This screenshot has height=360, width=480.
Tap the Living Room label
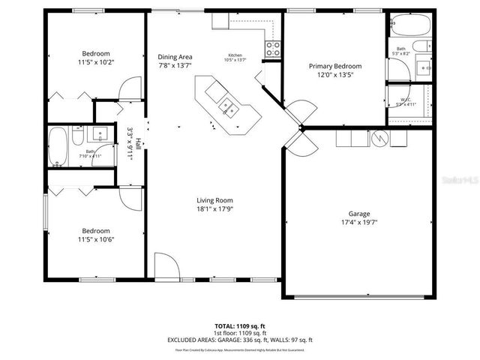pyautogui.click(x=215, y=200)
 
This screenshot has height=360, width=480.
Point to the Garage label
pyautogui.click(x=359, y=213)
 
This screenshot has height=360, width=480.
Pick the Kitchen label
pyautogui.click(x=236, y=55)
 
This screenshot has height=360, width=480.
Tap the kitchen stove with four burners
pyautogui.click(x=273, y=49)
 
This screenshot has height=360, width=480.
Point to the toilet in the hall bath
pyautogui.click(x=77, y=135)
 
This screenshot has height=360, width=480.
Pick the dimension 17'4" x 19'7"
pyautogui.click(x=359, y=222)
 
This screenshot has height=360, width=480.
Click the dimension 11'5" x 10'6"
pyautogui.click(x=97, y=239)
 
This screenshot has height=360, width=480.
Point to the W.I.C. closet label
pyautogui.click(x=406, y=101)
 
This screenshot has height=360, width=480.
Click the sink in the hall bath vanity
pyautogui.click(x=100, y=135)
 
